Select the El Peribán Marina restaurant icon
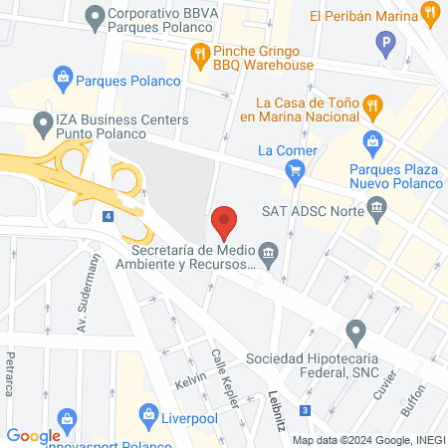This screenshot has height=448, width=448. point(430,14)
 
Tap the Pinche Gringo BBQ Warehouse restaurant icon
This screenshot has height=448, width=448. point(200,53)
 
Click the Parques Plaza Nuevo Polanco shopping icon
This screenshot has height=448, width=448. point(373,141)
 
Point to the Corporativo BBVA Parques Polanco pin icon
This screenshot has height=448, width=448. point(96,16)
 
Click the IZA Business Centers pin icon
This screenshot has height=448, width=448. point(43,125)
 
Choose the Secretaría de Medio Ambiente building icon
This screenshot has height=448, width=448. point(269,251)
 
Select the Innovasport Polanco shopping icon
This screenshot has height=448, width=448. point(68,419)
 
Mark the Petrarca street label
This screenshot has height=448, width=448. point(11,367)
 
